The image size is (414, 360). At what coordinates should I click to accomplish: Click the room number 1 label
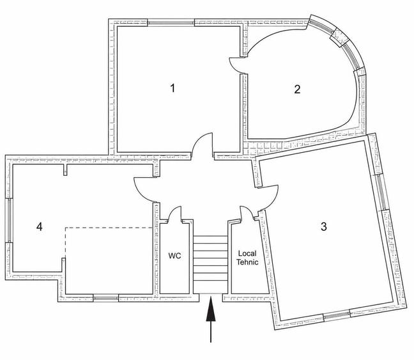pos(172,88)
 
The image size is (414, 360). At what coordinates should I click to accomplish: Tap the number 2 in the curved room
pos(297,90)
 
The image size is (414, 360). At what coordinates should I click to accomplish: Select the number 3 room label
pos(324,226)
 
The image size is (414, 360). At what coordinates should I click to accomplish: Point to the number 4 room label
pos(40,226)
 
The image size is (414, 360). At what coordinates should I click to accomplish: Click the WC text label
pos(175,256)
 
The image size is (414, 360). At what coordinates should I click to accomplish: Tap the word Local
pos(247,253)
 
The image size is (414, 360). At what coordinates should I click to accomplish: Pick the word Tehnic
pos(247,262)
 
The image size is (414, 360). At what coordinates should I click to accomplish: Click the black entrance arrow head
pos(211,309)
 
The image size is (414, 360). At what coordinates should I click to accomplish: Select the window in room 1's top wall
pos(171,23)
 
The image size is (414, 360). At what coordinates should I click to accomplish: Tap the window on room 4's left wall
pos(9,220)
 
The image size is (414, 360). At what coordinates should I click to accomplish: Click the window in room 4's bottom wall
pos(106,298)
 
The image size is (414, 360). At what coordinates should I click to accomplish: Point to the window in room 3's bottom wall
pos(337,315)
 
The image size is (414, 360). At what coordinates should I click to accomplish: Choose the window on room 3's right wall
pos(381,192)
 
